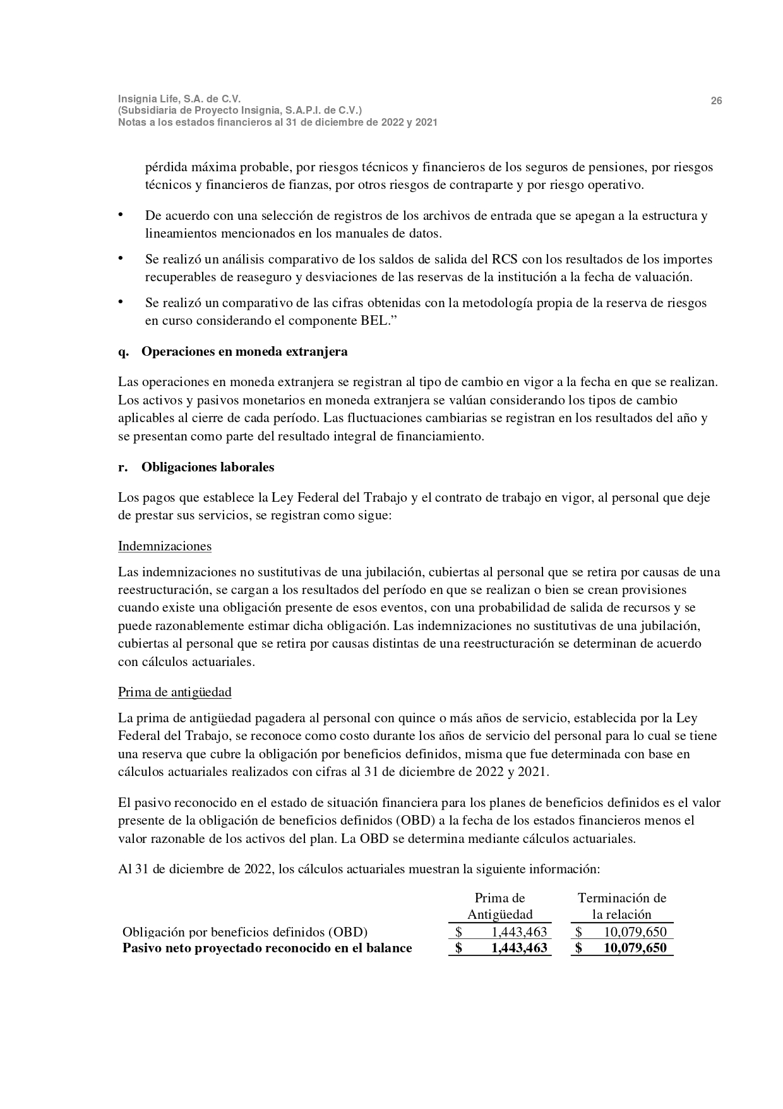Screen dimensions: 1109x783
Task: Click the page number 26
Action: (717, 101)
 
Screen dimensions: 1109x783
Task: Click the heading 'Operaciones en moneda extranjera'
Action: (244, 352)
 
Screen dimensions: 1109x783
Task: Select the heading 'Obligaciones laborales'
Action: (208, 468)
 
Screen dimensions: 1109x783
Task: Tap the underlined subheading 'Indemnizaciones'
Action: (165, 546)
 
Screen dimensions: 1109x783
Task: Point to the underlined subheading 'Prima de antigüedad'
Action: (175, 692)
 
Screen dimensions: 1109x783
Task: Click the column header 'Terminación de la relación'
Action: (622, 906)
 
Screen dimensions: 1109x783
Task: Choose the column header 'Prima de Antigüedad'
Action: (499, 906)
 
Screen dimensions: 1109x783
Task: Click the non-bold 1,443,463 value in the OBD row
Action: (519, 932)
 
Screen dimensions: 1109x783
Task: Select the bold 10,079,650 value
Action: (635, 948)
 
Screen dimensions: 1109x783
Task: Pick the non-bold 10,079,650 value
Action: (635, 932)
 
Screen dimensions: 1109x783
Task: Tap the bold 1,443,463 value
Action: (518, 948)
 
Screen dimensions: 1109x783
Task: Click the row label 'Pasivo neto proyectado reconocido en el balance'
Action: (267, 948)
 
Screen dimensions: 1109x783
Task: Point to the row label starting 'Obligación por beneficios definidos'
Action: (245, 932)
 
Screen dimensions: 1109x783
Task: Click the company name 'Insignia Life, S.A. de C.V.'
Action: (179, 99)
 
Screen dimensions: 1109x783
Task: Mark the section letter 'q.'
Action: (123, 352)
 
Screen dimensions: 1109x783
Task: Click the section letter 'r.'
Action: (123, 468)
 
